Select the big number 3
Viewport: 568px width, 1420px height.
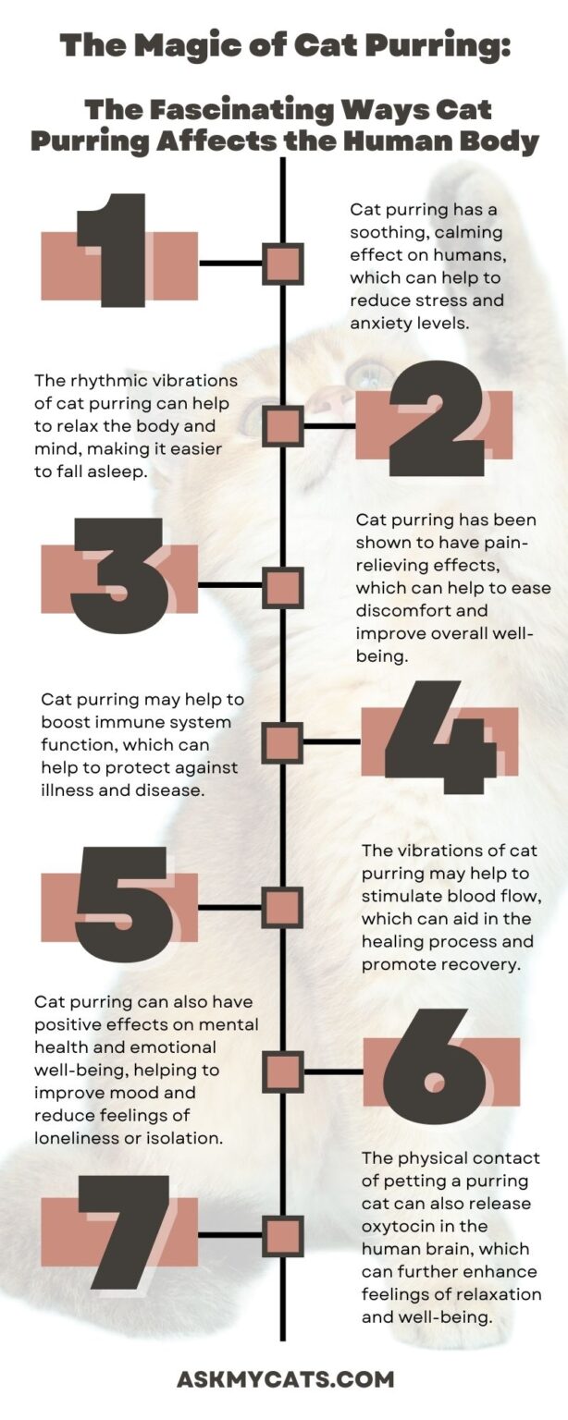(x=118, y=576)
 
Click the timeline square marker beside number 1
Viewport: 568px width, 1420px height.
(x=283, y=263)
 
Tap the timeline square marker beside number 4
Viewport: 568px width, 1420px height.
(x=283, y=741)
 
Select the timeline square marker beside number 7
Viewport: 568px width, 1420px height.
(x=283, y=1235)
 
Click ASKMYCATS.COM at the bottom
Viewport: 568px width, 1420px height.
(x=285, y=1379)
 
